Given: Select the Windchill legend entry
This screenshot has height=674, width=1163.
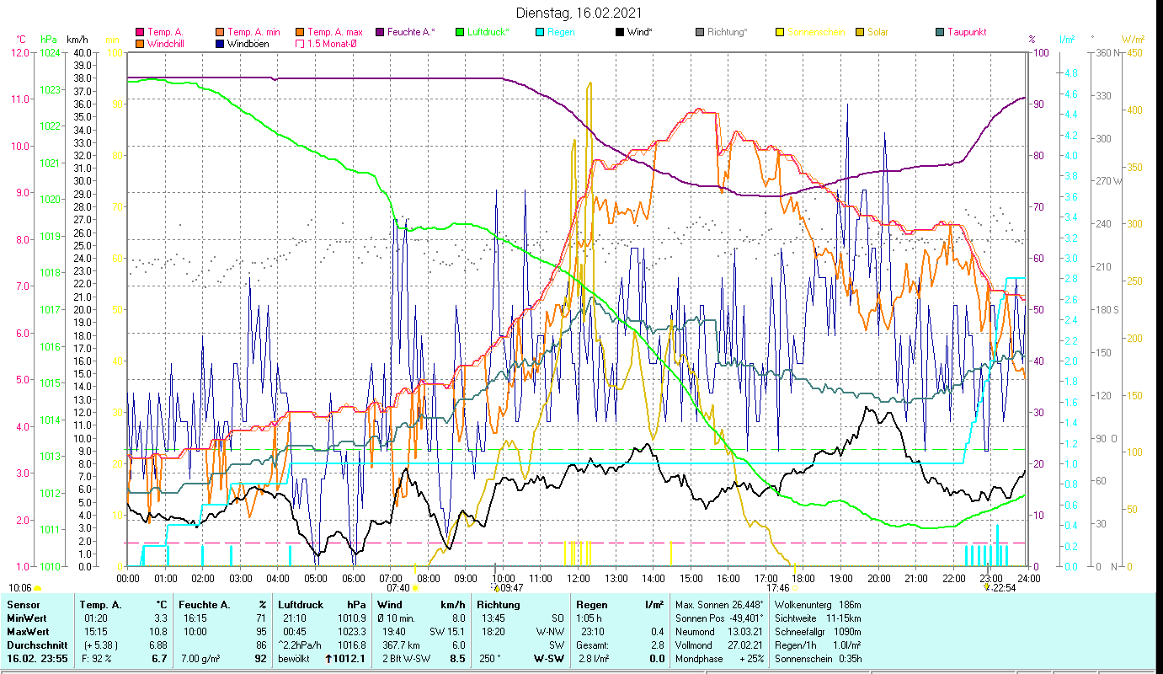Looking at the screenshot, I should coord(165,43).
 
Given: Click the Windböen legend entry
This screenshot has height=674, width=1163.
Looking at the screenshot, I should coord(248,43).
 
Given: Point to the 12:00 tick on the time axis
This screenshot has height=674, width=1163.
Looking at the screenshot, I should coord(579,578).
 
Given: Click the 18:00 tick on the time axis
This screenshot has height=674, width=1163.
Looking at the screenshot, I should coord(803,578).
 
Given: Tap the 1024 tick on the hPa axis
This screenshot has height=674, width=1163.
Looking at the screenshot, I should coord(50,52).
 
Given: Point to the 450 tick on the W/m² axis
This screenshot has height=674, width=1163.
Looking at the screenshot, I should coord(1134,52).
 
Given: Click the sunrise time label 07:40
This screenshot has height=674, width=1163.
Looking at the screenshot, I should coord(398,588).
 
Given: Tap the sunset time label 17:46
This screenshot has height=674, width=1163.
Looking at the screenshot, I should coord(778,588).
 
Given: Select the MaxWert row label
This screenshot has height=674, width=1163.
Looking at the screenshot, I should coord(27,631).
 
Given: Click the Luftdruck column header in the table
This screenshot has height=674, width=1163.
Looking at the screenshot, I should coord(300,604).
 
